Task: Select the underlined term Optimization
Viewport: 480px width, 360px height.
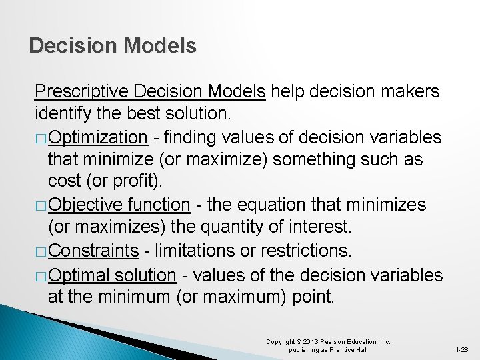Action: pos(97,137)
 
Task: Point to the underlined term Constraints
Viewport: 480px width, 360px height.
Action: pos(93,251)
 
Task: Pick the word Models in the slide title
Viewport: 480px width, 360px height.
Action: pos(161,45)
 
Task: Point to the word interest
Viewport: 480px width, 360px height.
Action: pos(317,228)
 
